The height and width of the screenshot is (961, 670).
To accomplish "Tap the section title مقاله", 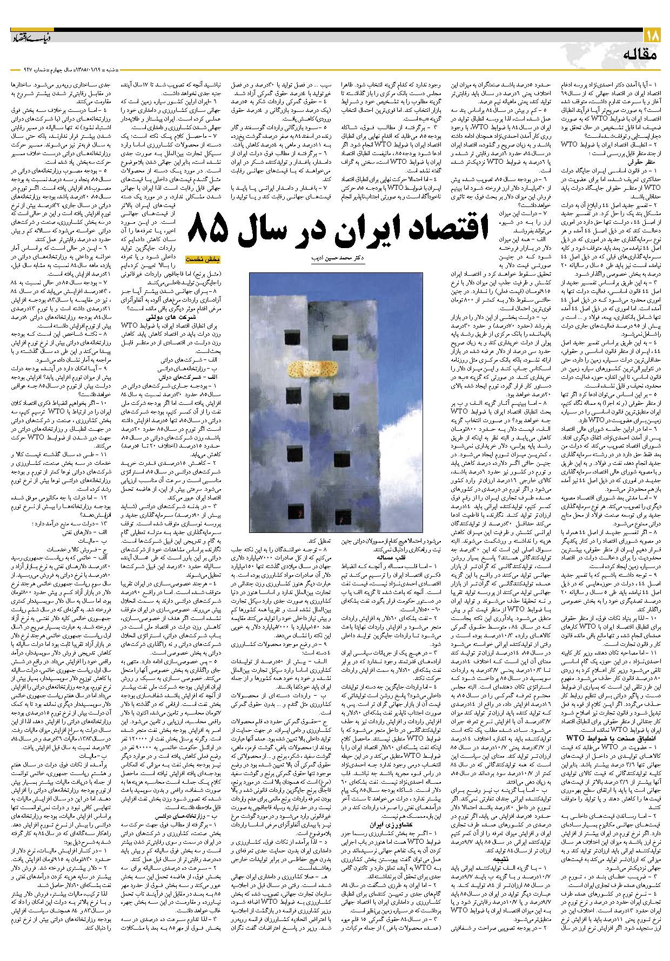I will pos(640,54).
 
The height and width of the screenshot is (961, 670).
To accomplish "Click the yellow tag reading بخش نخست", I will pos(200,259).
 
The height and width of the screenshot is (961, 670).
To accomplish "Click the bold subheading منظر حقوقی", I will pos(644,161).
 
